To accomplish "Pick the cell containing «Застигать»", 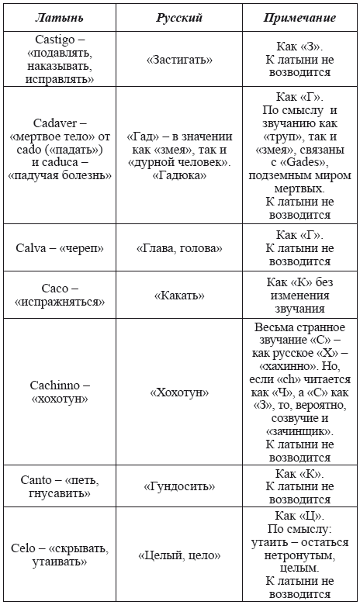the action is point(179,58).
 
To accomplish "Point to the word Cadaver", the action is point(55,123).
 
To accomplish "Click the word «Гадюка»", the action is point(179,175).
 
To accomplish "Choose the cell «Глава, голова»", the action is point(179,248).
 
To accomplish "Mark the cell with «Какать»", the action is point(179,295).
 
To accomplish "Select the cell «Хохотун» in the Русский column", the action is point(179,392).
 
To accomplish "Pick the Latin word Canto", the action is point(38,479).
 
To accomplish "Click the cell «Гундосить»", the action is point(179,486).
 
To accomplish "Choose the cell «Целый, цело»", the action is point(179,556).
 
